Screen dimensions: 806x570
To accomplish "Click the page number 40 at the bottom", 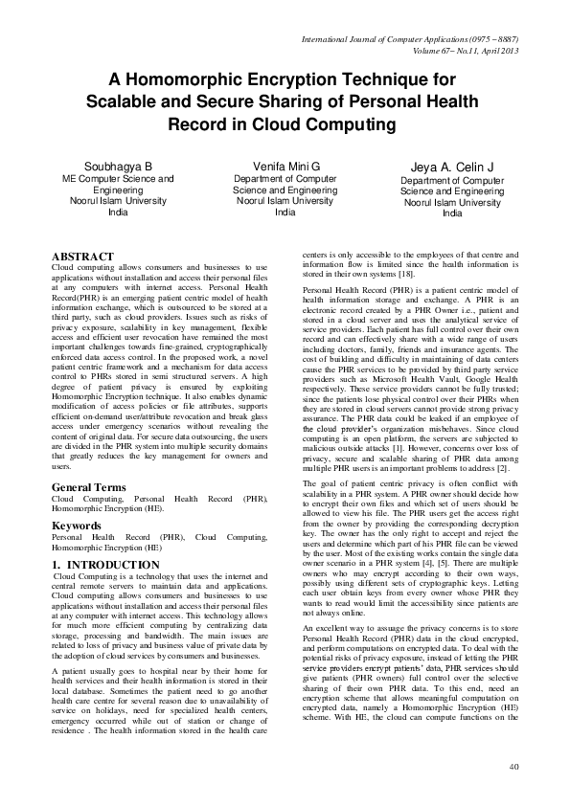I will [x=513, y=766].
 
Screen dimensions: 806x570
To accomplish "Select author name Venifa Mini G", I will [x=286, y=166].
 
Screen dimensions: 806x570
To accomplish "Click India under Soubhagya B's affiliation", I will [x=118, y=213].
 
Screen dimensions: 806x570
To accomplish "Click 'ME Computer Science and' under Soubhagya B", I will [x=118, y=178].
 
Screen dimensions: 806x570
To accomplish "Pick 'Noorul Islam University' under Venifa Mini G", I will [x=285, y=201].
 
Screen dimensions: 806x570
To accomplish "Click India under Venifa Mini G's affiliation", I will [x=285, y=213].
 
